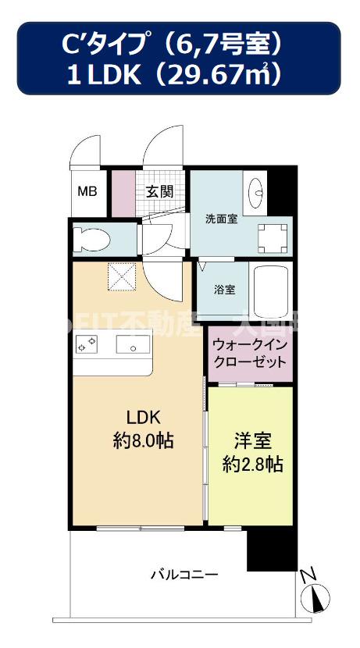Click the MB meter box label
point(86,191)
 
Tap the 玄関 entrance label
point(160,191)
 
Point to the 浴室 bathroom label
point(224,289)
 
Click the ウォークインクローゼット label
point(250,353)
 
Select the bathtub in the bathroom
point(269,287)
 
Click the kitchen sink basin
point(128,344)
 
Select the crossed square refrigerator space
point(121,276)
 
